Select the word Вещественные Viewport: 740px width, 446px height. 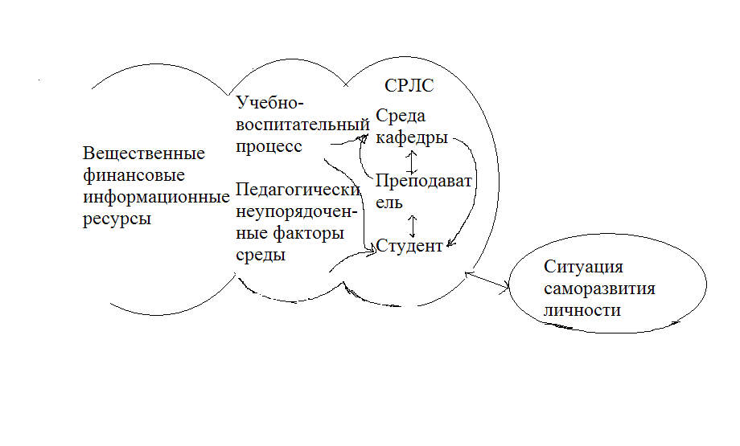tap(144, 153)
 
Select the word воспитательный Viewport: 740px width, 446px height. tap(303, 125)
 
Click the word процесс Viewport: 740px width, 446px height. tap(269, 146)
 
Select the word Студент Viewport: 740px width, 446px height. tap(409, 246)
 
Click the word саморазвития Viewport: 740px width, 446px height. tap(599, 288)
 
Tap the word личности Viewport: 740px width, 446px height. tap(582, 310)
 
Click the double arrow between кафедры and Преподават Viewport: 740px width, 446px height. tap(412, 161)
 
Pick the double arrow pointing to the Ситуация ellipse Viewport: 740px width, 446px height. tap(488, 280)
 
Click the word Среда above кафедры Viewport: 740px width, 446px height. tap(400, 117)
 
